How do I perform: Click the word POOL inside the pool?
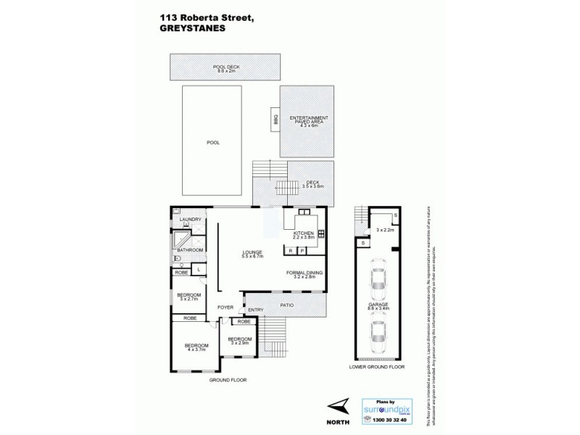pos(212,143)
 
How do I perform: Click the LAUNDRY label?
pos(190,219)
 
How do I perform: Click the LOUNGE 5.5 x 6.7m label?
pos(252,254)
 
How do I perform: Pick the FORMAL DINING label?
pos(304,275)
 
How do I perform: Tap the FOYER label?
pos(225,307)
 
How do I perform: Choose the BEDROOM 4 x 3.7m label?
pos(196,347)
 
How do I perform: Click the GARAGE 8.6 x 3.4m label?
pos(377,309)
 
